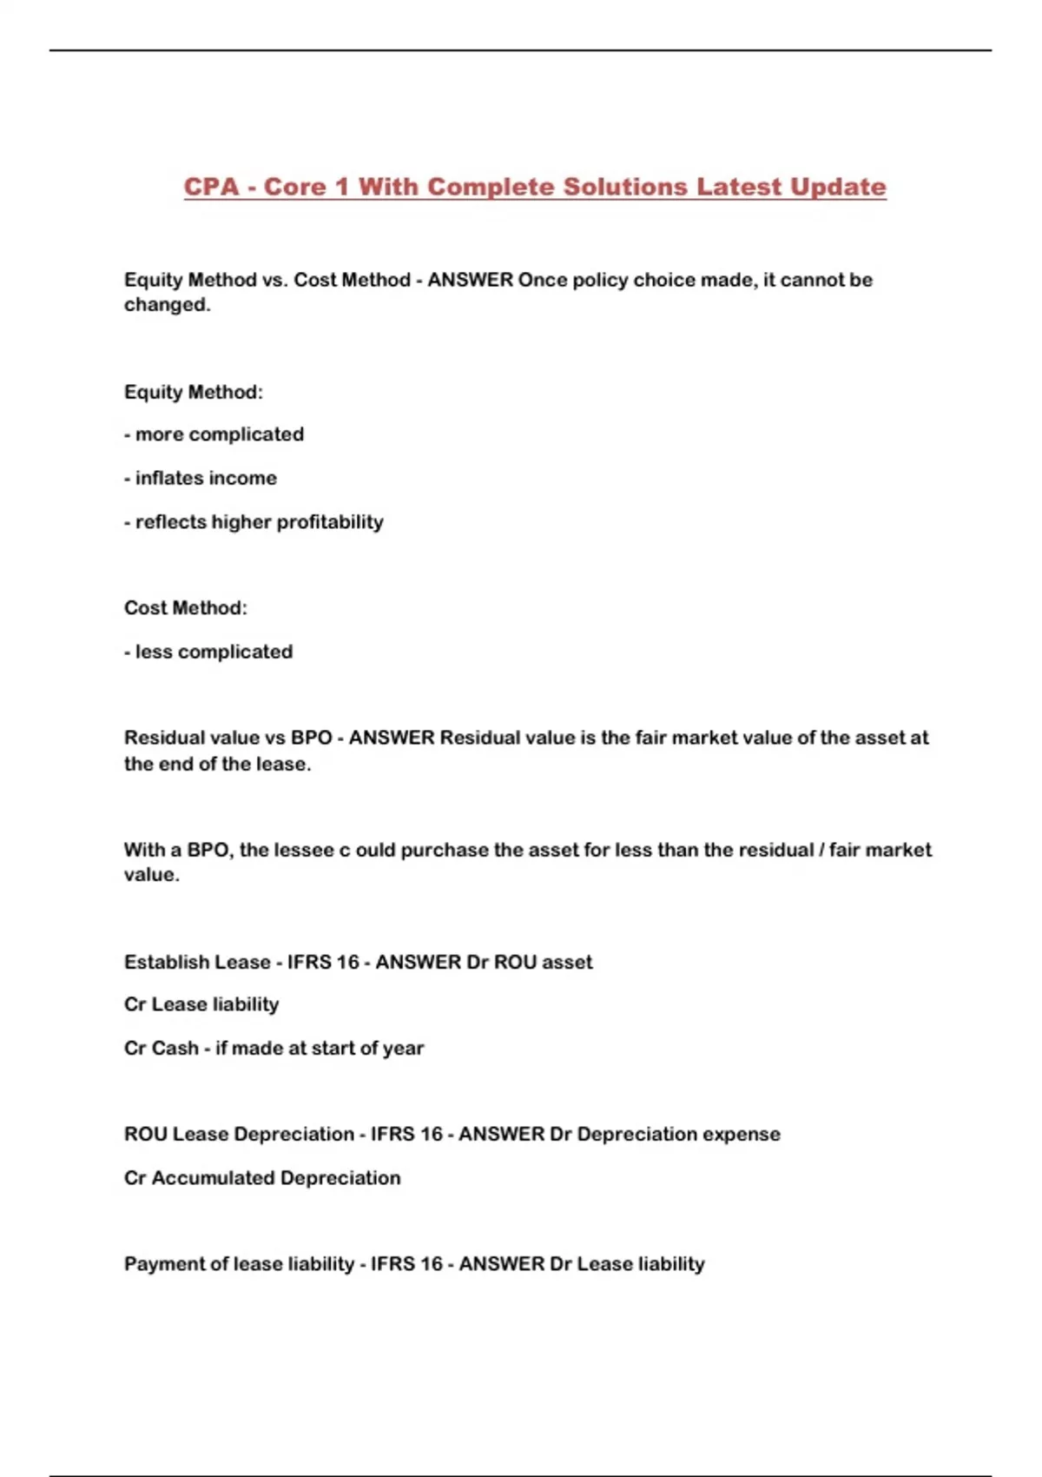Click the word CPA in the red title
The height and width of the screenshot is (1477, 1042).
pyautogui.click(x=211, y=187)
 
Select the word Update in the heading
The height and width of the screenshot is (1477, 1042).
pyautogui.click(x=838, y=187)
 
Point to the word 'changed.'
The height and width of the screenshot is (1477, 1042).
pyautogui.click(x=167, y=305)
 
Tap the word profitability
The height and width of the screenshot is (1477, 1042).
pyautogui.click(x=328, y=522)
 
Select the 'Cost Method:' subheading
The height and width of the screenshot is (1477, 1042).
pyautogui.click(x=185, y=608)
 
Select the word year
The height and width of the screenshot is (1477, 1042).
pyautogui.click(x=403, y=1049)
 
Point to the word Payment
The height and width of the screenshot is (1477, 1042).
pyautogui.click(x=163, y=1264)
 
